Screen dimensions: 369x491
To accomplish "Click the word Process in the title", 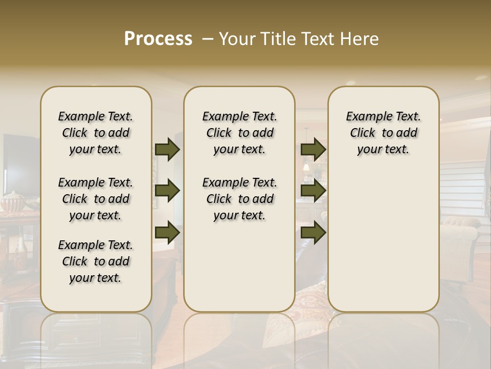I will point(158,39).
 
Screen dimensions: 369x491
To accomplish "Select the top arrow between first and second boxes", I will point(167,149).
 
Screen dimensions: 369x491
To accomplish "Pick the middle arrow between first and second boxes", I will point(167,191).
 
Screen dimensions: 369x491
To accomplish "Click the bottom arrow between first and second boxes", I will point(167,232).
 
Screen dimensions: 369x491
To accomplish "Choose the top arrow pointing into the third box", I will point(313,149).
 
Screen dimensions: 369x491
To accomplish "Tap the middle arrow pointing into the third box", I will point(313,191).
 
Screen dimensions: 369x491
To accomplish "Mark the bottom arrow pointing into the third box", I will point(313,232).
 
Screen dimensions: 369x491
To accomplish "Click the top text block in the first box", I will point(96,133).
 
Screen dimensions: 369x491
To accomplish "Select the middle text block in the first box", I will point(96,199).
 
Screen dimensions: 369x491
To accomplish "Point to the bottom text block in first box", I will point(96,261).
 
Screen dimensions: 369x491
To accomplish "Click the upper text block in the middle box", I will point(239,133).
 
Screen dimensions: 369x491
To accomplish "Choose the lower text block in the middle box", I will point(239,199).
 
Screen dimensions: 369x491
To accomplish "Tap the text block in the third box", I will point(383,133).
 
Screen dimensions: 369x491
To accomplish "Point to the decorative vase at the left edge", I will point(12,201).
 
